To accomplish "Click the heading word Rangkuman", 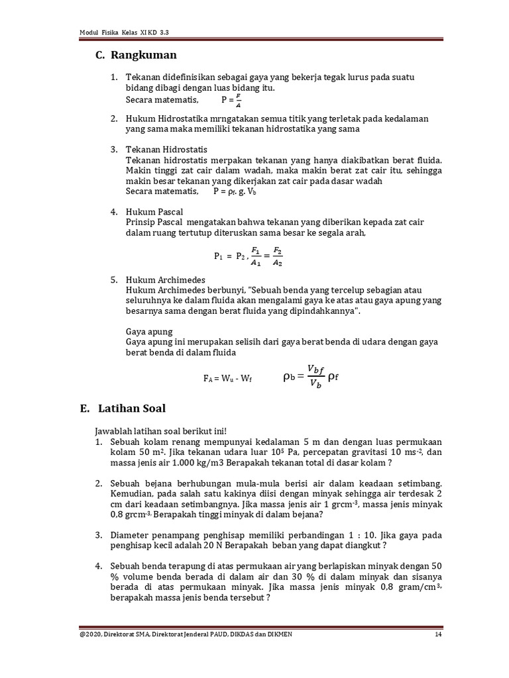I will click(x=144, y=55).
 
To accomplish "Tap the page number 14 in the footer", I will click(x=438, y=635).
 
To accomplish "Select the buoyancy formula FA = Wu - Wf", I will click(x=227, y=379).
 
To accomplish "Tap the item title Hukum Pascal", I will click(x=154, y=212).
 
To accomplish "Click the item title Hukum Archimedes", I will click(x=166, y=280).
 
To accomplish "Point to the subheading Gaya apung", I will click(x=149, y=331).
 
